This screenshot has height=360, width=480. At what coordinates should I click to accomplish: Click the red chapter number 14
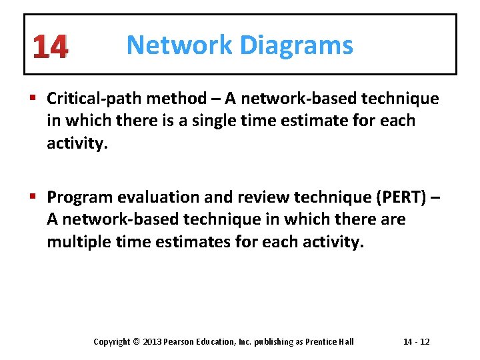49,47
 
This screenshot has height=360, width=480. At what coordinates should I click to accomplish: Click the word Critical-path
93,99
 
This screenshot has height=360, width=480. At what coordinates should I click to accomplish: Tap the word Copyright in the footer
112,342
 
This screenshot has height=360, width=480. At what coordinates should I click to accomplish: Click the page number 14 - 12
417,342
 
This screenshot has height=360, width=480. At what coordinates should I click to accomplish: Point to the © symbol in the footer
136,342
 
